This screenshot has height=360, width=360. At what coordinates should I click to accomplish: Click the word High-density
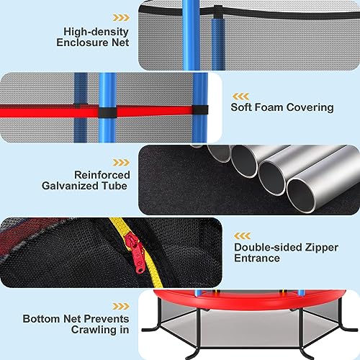click(96, 32)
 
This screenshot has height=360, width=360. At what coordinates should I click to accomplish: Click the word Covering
click(310, 107)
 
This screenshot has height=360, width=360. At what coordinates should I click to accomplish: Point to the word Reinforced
click(102, 175)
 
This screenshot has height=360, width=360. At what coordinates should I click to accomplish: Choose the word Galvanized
click(70, 186)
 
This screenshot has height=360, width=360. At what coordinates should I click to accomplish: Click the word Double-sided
click(269, 247)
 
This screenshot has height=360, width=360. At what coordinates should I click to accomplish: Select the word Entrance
click(257, 258)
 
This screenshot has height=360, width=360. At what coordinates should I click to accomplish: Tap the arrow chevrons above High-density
click(121, 18)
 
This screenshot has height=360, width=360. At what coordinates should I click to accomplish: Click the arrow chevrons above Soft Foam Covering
click(240, 96)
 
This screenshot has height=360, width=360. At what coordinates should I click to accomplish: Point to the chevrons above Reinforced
click(121, 163)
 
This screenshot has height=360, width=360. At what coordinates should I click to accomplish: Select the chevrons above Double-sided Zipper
click(243, 236)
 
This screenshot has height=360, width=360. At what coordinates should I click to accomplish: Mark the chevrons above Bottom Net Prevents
click(121, 306)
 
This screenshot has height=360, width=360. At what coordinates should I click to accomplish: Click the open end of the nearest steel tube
click(301, 196)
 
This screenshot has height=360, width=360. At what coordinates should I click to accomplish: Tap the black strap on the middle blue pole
click(108, 112)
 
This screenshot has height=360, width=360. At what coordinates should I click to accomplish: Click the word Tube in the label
click(114, 186)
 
